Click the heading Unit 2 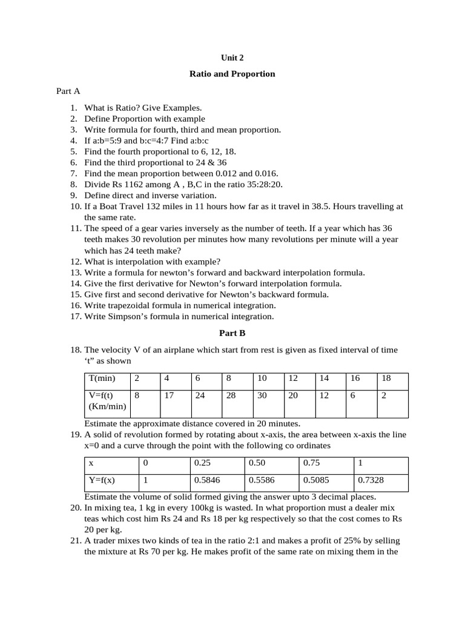[232, 59]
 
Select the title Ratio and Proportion [232, 74]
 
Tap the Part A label [68, 91]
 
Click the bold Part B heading [232, 333]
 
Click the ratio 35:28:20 [262, 185]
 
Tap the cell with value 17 [174, 403]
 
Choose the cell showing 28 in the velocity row [237, 403]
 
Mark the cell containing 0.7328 [380, 482]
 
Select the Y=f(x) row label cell [111, 482]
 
